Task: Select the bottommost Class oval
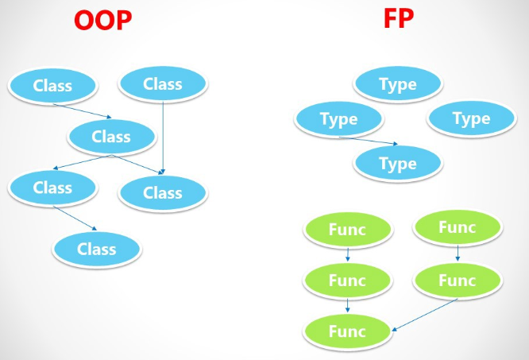click(98, 250)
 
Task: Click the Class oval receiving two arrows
click(163, 192)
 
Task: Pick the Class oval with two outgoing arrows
click(111, 137)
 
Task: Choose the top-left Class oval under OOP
click(53, 85)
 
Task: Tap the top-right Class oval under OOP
click(162, 83)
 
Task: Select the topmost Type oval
click(398, 84)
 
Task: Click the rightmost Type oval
click(471, 119)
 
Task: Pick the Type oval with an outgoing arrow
click(338, 120)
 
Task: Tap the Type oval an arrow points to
click(398, 164)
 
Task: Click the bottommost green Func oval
click(347, 331)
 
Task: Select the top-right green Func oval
click(457, 228)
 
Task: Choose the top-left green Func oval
click(347, 230)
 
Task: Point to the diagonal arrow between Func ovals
click(426, 315)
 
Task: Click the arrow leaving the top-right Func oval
click(457, 254)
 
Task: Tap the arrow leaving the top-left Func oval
click(347, 255)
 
